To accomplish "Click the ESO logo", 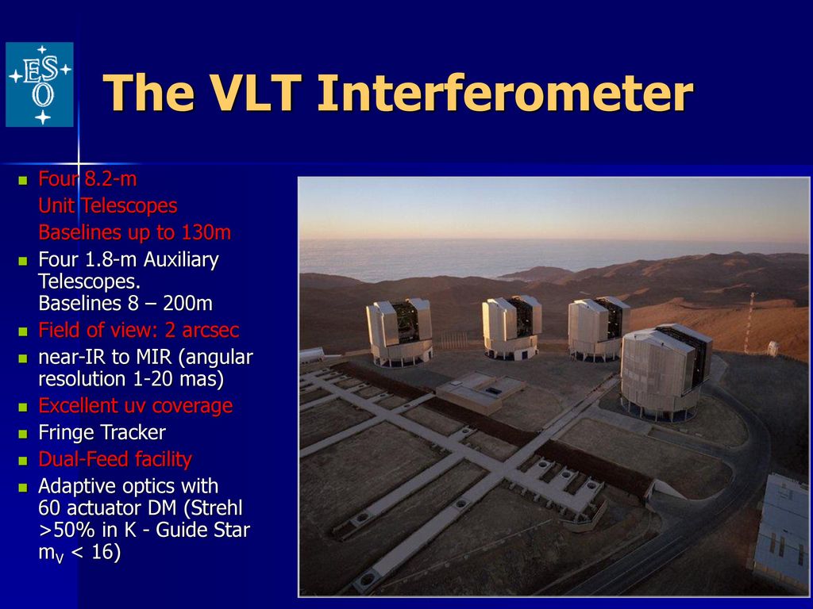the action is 40,84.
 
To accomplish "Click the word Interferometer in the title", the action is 505,93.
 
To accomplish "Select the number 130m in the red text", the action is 206,232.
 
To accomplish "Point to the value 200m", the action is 187,304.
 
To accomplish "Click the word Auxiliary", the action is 181,260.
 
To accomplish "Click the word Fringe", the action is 67,433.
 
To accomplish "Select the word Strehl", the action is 218,508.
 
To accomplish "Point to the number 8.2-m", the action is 110,179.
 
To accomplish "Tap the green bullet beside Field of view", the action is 23,331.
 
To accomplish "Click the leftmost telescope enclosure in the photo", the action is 399,331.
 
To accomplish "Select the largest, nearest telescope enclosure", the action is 666,371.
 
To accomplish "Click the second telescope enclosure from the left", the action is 512,327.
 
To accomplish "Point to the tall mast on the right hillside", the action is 749,322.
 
